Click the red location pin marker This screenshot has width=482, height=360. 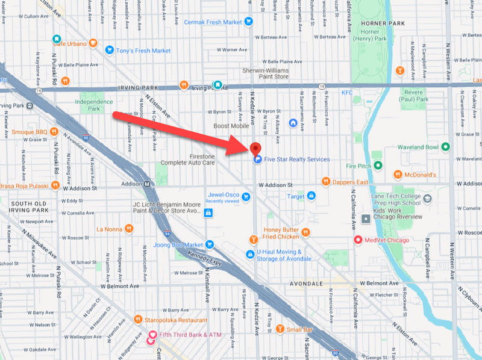[255, 149]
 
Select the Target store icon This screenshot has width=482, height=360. [311, 196]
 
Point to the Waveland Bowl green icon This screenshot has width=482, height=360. [445, 147]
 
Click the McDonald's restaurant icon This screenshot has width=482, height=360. [398, 175]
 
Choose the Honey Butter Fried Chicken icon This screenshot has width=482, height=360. [305, 232]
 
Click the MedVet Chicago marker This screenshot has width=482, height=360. [358, 240]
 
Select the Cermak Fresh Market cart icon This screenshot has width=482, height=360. [248, 22]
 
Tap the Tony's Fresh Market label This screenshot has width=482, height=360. [144, 51]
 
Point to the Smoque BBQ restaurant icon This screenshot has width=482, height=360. [54, 131]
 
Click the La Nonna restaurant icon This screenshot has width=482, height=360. [128, 229]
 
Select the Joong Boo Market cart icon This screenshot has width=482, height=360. [209, 244]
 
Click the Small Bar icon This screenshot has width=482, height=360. [280, 329]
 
